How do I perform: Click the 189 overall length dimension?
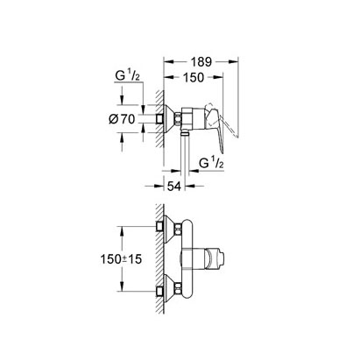tap(202, 61)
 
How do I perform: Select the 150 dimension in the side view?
tap(193, 78)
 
